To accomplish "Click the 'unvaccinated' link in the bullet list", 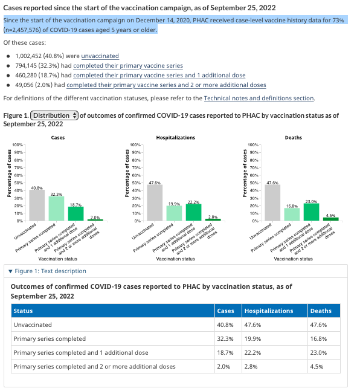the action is point(100,56).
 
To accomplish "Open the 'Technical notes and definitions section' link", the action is point(259,99).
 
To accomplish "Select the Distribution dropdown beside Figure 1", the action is point(54,115).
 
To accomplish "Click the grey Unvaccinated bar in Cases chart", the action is point(37,205).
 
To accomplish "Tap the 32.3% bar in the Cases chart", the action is point(56,208).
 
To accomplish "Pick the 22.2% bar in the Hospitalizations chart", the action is point(193,213).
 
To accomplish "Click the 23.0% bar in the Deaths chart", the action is point(311,212).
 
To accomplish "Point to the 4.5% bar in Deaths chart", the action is point(330,219).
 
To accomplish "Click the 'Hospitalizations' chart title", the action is point(176,138).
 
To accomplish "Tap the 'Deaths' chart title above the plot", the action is point(294,138).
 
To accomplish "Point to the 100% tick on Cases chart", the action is point(18,144).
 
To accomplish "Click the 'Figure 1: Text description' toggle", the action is point(47,271).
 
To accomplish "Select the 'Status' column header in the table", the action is point(23,311).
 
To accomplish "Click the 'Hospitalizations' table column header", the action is point(269,311).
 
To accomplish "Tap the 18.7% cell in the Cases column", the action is point(225,353).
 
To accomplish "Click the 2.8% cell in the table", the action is point(251,367).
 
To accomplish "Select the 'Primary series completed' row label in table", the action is point(50,339).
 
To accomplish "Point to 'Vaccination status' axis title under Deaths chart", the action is point(293,259).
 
